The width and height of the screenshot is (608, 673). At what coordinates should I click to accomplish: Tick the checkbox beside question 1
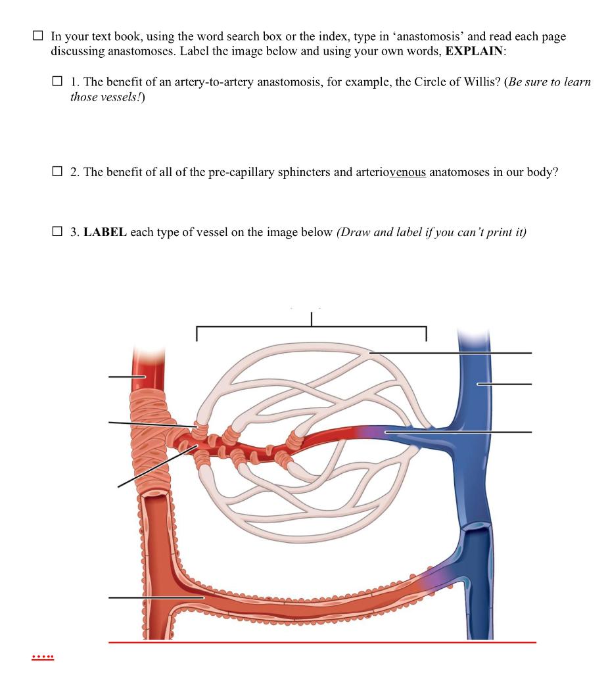coord(58,82)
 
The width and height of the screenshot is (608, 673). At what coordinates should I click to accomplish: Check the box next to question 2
coord(58,172)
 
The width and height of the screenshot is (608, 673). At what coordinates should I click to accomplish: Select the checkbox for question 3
coord(58,232)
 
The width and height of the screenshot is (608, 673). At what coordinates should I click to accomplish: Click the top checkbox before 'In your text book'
coord(39,37)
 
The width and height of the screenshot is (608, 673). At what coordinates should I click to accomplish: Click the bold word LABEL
coord(105,232)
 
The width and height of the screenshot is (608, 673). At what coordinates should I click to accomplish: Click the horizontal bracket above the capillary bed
coord(311,327)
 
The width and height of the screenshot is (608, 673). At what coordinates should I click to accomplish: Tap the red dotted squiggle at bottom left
coord(43,656)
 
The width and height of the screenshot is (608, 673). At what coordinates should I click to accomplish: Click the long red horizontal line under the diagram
coord(322,642)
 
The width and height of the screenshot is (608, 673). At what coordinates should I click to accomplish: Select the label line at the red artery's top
coord(125,377)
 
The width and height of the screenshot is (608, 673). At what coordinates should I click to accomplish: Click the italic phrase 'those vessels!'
coord(102,96)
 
